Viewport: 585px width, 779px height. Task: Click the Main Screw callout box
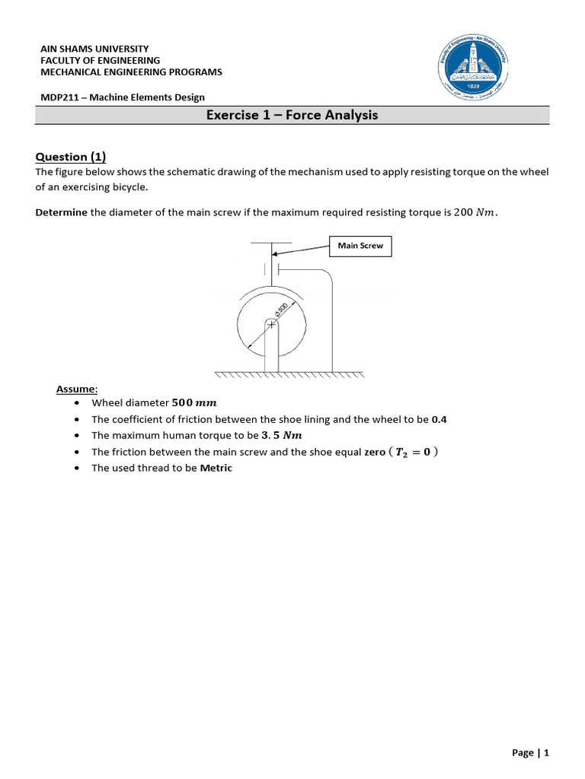click(360, 246)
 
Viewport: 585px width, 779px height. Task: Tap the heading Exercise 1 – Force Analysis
click(292, 116)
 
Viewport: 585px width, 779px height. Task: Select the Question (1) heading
click(71, 157)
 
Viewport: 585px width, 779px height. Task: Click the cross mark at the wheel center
click(271, 325)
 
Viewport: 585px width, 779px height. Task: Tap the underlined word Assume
click(76, 389)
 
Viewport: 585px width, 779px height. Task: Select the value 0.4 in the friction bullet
click(439, 419)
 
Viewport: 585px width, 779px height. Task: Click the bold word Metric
click(216, 468)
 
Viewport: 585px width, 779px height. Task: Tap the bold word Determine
click(61, 212)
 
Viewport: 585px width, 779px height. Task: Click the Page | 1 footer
click(530, 752)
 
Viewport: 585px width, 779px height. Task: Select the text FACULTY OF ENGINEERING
click(100, 60)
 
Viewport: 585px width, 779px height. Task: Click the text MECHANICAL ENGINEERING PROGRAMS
click(131, 72)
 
